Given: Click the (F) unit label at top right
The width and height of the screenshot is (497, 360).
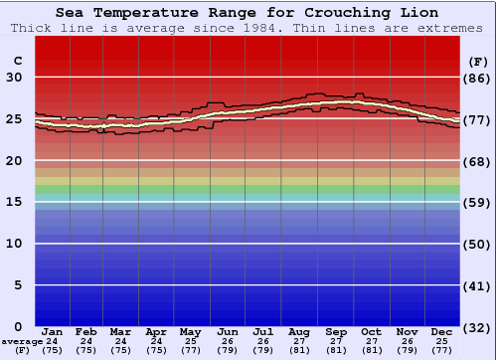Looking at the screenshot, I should pos(478,61).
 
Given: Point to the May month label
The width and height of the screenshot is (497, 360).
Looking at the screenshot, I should pos(190,331).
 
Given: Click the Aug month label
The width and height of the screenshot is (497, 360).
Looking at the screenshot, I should pos(299,331).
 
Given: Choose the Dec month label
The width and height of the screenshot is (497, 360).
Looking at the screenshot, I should pos(442,331).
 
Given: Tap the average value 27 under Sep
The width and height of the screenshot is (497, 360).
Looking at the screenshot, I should pos(336,341).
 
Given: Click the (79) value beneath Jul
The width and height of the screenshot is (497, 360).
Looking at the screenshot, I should pos(263,350).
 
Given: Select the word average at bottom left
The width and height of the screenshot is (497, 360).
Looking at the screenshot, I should pos(21,341).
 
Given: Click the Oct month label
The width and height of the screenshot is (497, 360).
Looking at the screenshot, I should pos(371,331).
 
